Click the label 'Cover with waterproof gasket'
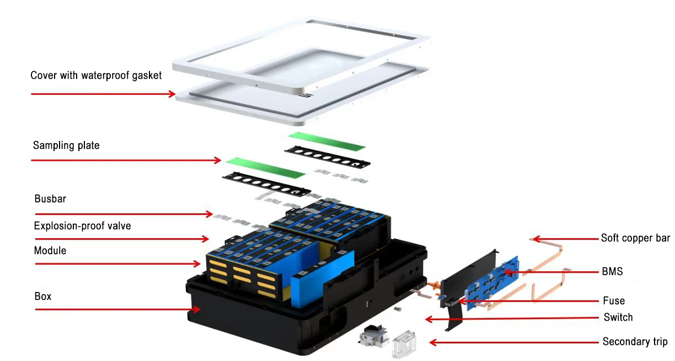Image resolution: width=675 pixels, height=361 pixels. tap(96, 76)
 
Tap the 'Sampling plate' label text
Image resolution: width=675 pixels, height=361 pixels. tap(66, 146)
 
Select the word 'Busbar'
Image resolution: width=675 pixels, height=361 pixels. tap(50, 199)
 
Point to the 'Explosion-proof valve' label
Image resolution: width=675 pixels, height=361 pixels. tap(82, 225)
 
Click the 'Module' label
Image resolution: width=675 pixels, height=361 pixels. tap(50, 250)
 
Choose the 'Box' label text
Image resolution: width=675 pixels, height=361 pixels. tap(42, 296)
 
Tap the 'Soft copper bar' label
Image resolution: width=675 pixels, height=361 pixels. tap(635, 238)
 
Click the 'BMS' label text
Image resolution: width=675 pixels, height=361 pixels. tap(613, 272)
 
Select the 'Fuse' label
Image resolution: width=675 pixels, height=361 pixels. tap(614, 300)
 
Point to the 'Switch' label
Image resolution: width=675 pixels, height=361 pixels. tap(618, 317)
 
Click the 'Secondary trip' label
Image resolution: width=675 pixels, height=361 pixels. tap(635, 342)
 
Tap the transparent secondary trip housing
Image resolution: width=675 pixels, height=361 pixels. tap(403, 343)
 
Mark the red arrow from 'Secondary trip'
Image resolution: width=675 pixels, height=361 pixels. tap(513, 343)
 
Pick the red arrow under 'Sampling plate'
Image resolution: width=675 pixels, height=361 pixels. tap(127, 160)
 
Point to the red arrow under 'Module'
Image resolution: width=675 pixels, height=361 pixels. tap(119, 264)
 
